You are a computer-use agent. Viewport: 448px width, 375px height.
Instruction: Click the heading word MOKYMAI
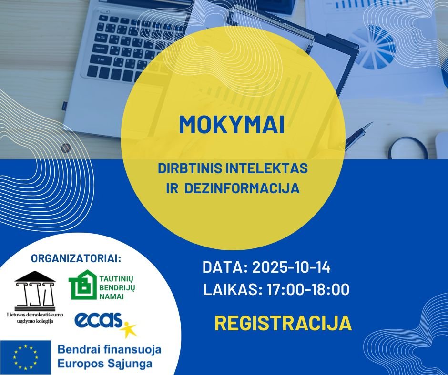(232, 125)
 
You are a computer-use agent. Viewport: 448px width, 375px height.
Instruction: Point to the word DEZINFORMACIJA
(242, 188)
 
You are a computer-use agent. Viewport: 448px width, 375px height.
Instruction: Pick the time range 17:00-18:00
(308, 289)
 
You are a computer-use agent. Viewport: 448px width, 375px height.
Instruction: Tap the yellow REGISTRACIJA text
(283, 323)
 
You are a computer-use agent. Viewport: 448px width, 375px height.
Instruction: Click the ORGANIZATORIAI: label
(76, 258)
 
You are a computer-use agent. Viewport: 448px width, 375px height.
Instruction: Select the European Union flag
(25, 357)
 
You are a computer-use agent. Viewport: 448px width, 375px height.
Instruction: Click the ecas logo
(99, 320)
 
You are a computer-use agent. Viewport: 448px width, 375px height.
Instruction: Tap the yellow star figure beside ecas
(129, 329)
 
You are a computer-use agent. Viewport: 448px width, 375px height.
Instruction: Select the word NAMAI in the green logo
(112, 297)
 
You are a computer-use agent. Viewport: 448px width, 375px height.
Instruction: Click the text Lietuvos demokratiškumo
(35, 315)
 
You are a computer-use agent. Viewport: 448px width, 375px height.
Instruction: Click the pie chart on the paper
(372, 48)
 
